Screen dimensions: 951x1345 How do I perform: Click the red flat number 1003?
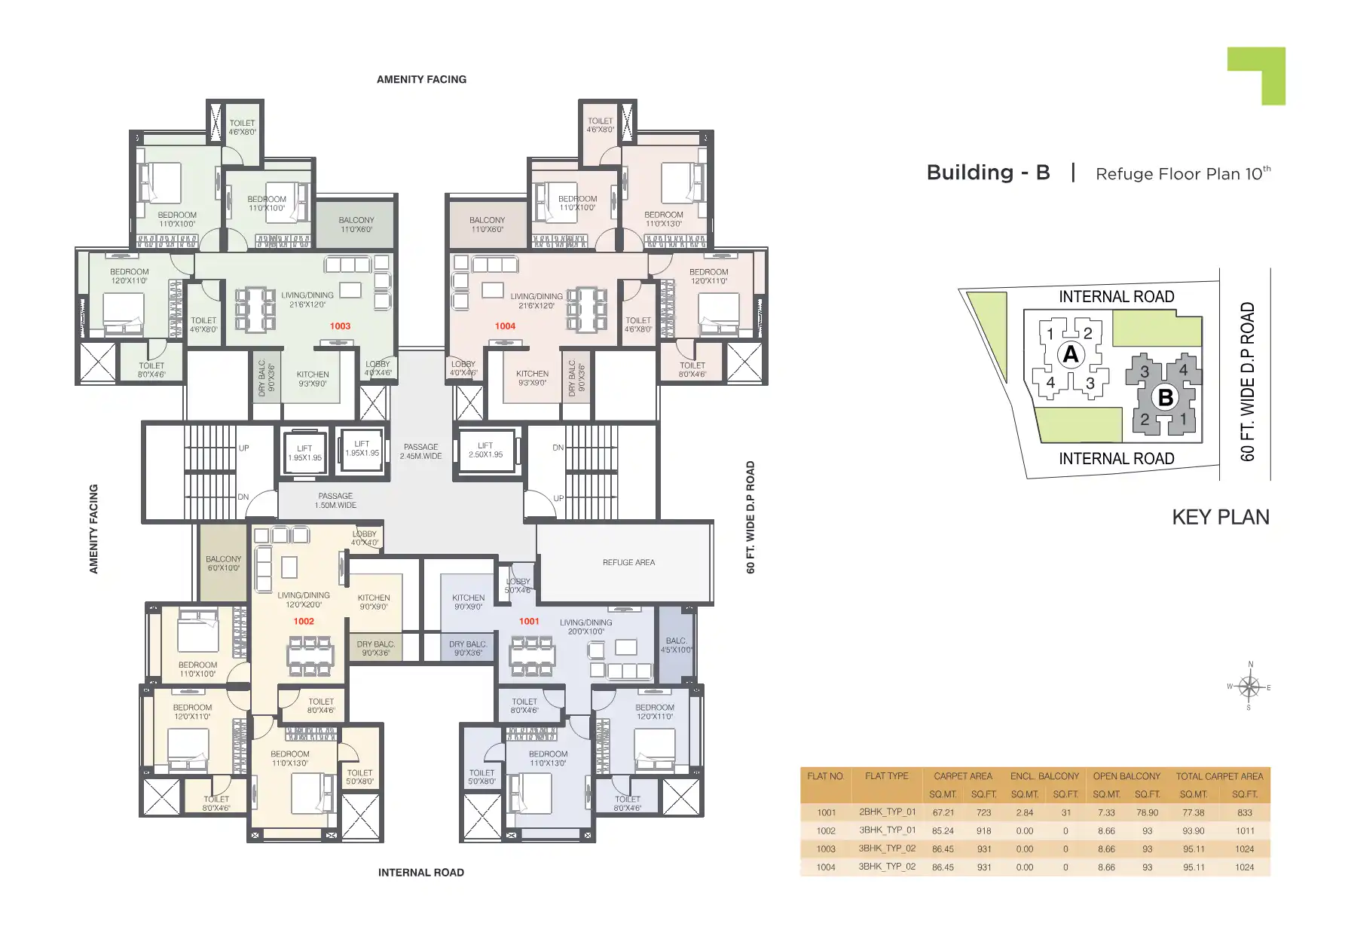[340, 326]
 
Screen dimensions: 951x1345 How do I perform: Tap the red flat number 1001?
[529, 622]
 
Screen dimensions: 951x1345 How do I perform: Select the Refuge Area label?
[628, 562]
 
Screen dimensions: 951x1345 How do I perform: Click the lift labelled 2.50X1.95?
[485, 450]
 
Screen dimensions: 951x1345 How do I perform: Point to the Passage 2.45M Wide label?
[420, 451]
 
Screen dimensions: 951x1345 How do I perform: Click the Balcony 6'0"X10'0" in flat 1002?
[224, 563]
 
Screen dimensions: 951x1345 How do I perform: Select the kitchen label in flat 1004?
[532, 378]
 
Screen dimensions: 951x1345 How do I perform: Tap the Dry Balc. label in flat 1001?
[467, 648]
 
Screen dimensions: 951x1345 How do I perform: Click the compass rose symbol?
[1249, 686]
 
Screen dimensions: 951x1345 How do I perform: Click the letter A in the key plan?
[1070, 354]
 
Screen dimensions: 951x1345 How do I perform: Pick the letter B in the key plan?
[1165, 397]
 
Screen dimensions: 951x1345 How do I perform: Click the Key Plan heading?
[1220, 517]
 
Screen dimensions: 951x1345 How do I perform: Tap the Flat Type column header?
[886, 776]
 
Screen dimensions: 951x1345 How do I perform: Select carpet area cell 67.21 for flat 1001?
[943, 813]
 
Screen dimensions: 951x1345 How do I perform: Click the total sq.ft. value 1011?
[1245, 831]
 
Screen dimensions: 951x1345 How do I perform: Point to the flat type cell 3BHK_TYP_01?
[887, 830]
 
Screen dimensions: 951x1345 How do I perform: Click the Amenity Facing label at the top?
[421, 79]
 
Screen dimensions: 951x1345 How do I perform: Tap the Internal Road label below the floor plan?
[420, 873]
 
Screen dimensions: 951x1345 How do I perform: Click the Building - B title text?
[988, 173]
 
